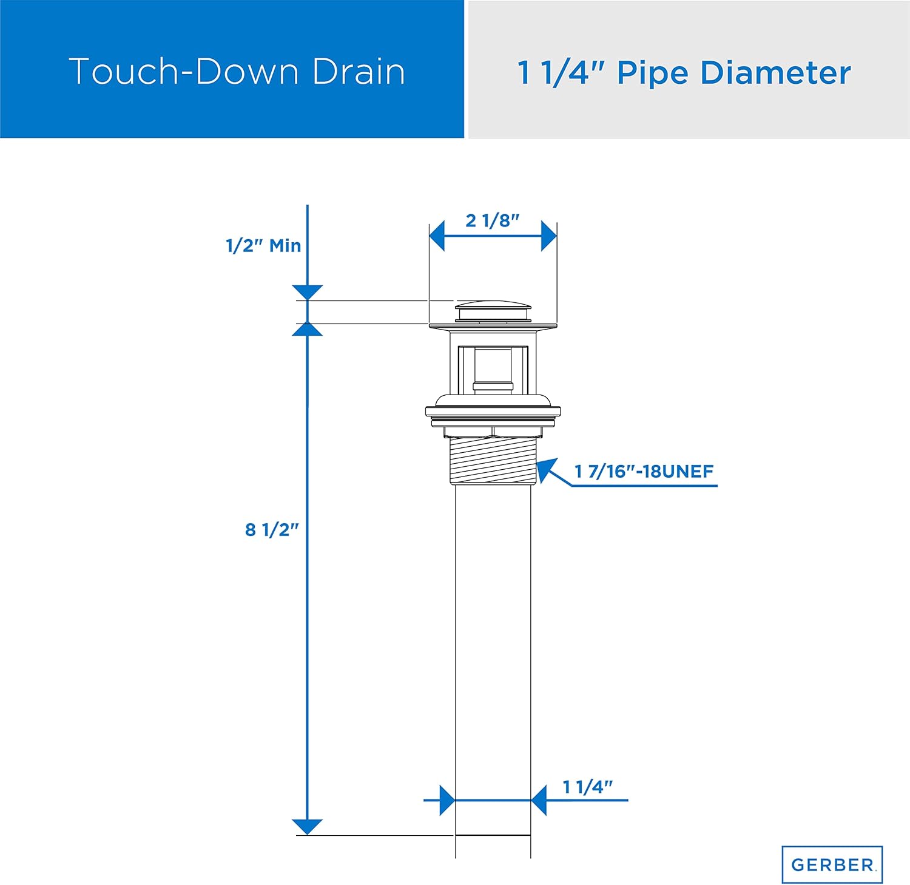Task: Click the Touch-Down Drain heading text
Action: click(237, 72)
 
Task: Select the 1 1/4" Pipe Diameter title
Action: click(684, 73)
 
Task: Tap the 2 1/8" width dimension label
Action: click(492, 220)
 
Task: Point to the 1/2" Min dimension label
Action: click(263, 246)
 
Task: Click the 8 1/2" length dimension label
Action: click(272, 530)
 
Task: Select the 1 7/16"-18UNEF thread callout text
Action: click(644, 472)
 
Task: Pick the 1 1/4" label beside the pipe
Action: click(587, 787)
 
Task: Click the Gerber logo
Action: click(832, 864)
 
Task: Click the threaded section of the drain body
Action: click(493, 460)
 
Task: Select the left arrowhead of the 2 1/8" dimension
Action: click(437, 236)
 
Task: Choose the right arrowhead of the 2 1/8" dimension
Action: click(548, 236)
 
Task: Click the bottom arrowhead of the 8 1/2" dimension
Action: click(308, 827)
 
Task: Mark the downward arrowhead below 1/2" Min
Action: click(308, 292)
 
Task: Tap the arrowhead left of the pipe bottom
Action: click(447, 800)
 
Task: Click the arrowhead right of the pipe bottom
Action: click(539, 800)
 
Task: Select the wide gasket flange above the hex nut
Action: click(493, 412)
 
